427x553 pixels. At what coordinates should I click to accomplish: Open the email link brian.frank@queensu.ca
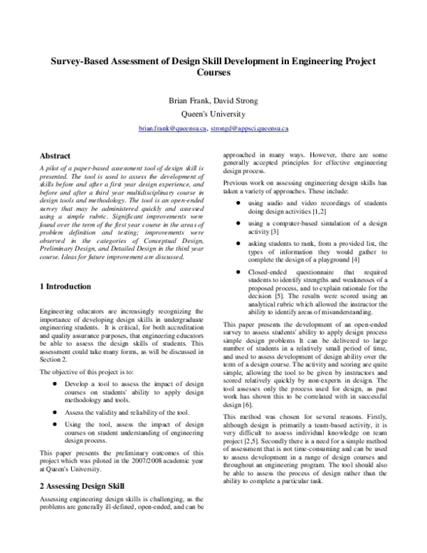tap(173, 128)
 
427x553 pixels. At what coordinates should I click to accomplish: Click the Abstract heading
tap(55, 156)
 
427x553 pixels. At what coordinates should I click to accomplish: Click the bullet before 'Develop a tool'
tap(55, 383)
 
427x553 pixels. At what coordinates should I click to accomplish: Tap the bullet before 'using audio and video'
tap(238, 203)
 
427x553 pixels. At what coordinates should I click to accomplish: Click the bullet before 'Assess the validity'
tap(55, 413)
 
